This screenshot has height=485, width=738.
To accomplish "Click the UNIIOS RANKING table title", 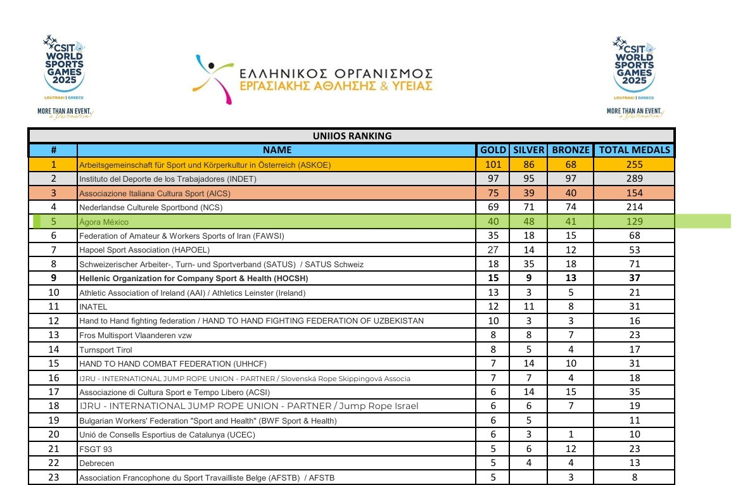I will point(352,135).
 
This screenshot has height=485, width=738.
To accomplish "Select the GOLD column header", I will point(493,150).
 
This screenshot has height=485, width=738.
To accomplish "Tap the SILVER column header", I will point(529,150).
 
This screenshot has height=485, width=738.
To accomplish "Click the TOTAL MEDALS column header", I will point(634,150).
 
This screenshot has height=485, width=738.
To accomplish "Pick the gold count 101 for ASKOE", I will point(493,165).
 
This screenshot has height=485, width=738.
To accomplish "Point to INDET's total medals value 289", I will point(634,179).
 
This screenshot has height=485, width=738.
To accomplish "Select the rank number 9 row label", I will point(53,278).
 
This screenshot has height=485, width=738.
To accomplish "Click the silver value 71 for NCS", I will point(529,207).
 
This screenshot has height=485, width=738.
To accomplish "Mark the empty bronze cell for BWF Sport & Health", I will point(571,420).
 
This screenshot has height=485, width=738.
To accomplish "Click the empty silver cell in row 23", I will point(529,477).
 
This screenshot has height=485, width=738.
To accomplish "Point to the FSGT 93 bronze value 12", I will point(571,449).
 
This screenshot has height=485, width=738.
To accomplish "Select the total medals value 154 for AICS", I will point(634,193).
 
